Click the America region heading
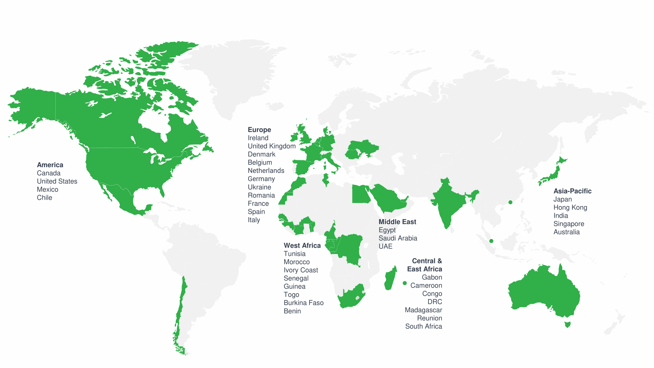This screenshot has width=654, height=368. [50, 165]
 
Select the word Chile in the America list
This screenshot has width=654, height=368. [44, 198]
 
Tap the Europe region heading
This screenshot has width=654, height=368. [259, 130]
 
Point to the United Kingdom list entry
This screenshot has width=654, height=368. [272, 146]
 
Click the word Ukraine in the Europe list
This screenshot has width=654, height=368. [259, 187]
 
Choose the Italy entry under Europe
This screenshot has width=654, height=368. [254, 220]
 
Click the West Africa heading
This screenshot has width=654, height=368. [302, 246]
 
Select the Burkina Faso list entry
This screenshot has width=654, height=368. [303, 303]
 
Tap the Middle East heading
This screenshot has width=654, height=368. [397, 222]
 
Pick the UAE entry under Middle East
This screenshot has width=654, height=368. [385, 246]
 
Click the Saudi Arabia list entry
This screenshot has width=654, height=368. [398, 238]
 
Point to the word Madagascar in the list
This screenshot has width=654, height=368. [423, 310]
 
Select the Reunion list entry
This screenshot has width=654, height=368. [429, 318]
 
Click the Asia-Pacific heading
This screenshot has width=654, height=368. [572, 191]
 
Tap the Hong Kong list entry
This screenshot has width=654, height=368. [570, 208]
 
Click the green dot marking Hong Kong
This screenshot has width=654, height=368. [510, 202]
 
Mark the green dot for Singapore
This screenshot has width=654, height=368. [491, 241]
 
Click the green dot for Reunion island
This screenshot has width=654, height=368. [405, 283]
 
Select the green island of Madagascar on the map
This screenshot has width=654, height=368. [390, 279]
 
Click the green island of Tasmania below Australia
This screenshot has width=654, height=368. [567, 325]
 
